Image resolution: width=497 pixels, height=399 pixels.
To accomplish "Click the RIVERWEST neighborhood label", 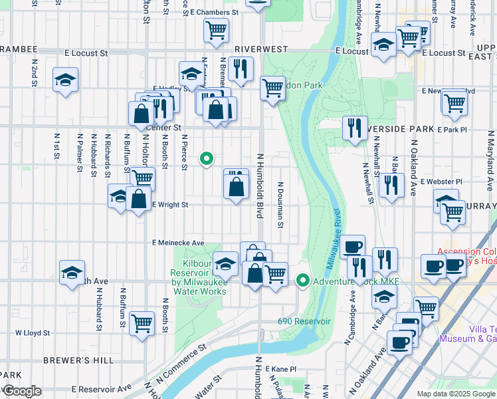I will [x=261, y=49].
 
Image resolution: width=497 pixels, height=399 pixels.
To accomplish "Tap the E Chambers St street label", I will [x=214, y=12].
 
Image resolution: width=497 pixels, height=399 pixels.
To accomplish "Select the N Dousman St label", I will [x=281, y=203].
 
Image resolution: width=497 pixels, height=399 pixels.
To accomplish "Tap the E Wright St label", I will [x=171, y=205].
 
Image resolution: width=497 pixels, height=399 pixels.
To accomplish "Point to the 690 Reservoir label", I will [x=304, y=321].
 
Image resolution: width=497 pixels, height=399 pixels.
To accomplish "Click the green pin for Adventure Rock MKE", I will [x=303, y=281].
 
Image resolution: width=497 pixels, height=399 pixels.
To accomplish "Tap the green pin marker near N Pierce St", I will [x=207, y=159].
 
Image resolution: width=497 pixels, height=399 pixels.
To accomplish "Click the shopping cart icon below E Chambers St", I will [x=216, y=30].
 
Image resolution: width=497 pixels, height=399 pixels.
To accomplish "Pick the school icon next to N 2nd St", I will [x=65, y=80].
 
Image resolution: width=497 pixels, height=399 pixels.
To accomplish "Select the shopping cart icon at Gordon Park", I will [x=272, y=87].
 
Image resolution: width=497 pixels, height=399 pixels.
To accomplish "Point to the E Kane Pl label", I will [x=279, y=368].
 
